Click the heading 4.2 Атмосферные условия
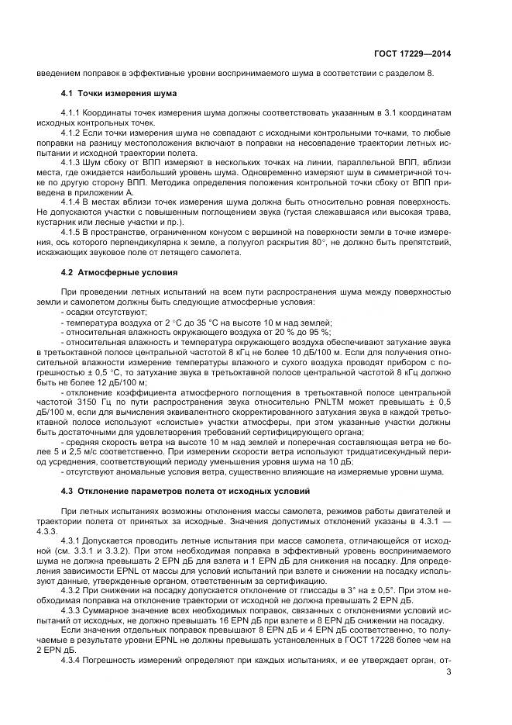tap(108, 273)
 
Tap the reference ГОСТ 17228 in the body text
tap(358, 641)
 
